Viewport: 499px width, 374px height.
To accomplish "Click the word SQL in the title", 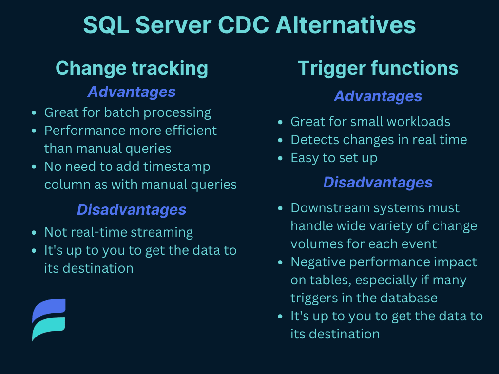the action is point(106,25).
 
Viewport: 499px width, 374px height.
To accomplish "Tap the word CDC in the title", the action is point(244,25).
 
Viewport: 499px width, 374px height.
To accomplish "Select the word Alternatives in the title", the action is point(345,25).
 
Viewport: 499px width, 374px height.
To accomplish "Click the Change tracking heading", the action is point(132,68).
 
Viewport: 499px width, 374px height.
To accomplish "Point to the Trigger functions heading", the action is point(378,68).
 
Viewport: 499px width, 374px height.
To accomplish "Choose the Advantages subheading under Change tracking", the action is point(132,92).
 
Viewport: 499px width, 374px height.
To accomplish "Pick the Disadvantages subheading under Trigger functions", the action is point(378,183).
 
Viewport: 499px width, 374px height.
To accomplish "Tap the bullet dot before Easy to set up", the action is point(280,158).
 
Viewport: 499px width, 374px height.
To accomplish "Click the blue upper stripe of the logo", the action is point(49,310).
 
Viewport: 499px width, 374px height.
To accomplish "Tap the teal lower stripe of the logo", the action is point(49,329).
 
